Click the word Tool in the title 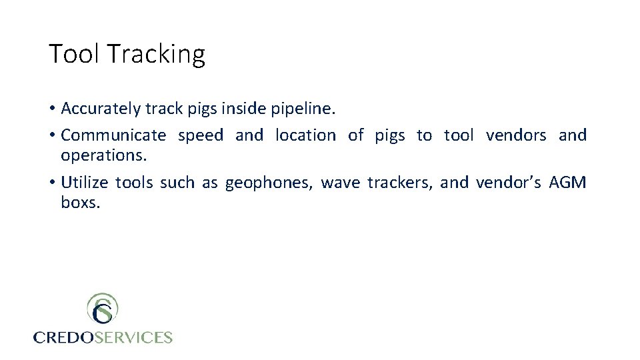(74, 54)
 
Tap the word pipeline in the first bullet (307, 108)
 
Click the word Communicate (113, 135)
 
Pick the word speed (201, 135)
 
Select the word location (305, 135)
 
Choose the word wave (340, 182)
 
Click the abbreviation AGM (567, 182)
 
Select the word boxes (80, 202)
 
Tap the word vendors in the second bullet (516, 135)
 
